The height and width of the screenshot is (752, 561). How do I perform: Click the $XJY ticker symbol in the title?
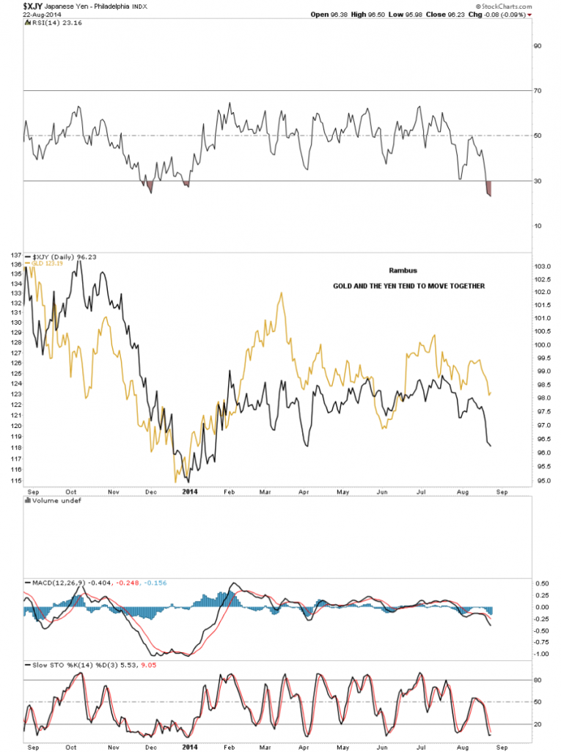pos(12,6)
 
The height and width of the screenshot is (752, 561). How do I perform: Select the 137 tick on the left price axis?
pos(15,254)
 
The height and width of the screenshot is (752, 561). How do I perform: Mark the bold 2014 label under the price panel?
pos(190,493)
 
